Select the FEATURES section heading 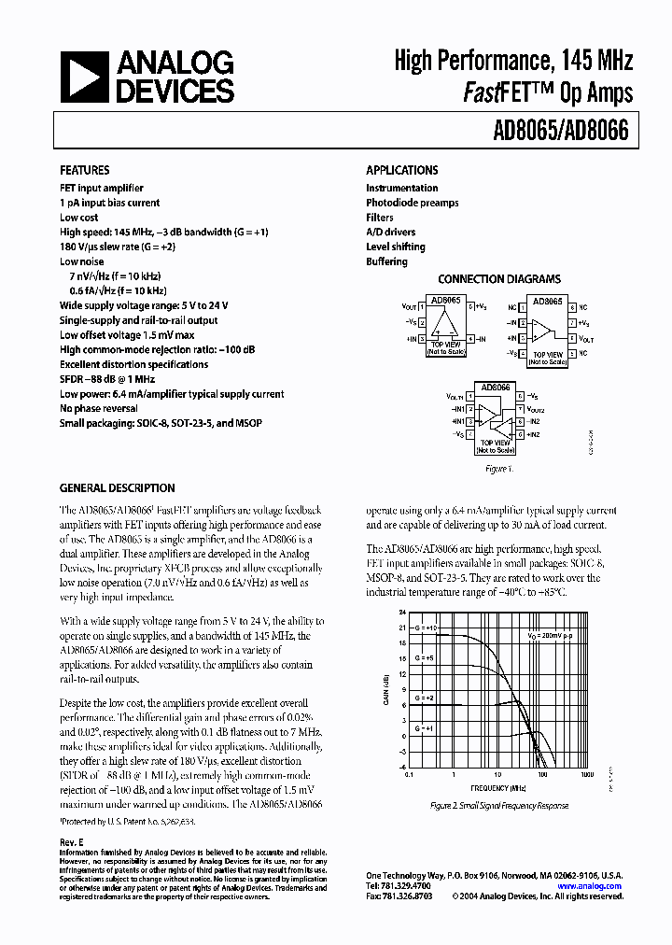point(85,171)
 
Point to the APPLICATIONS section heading point(401,171)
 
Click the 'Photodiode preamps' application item point(412,203)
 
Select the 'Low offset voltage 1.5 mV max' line point(127,334)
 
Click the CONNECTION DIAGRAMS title point(499,279)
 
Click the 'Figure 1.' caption point(498,469)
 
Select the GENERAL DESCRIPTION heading point(117,488)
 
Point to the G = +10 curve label point(426,628)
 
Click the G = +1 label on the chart point(425,727)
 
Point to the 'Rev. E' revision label point(72,841)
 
